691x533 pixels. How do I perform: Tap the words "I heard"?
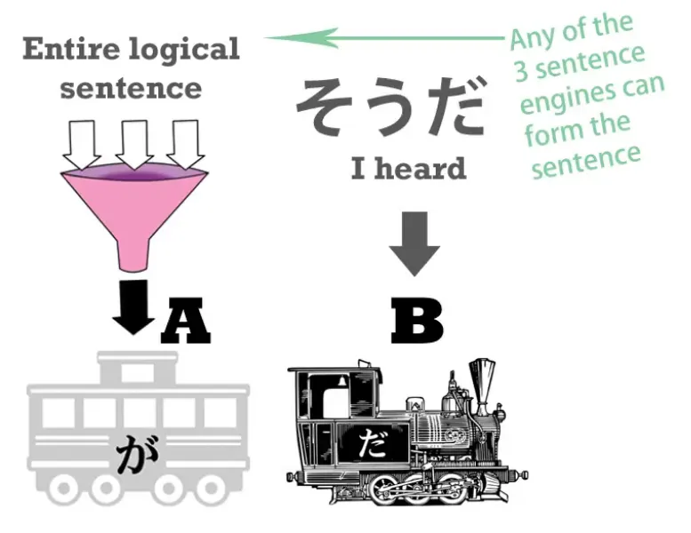(408, 168)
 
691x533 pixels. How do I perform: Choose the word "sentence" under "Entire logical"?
(132, 87)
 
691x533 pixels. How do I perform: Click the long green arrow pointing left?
(382, 37)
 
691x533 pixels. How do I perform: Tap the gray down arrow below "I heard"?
(414, 242)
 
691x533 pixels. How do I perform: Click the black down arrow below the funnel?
(134, 306)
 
